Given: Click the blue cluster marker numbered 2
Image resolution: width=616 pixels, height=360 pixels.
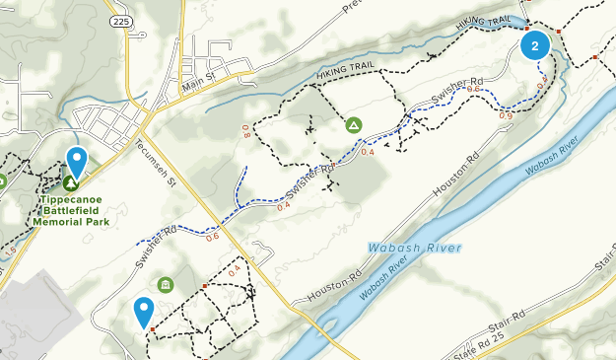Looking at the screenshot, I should tap(534, 45).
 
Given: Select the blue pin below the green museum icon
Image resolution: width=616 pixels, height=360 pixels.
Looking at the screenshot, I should tap(144, 313).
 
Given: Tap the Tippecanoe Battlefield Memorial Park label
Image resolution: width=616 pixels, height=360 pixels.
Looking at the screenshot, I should tap(70, 209).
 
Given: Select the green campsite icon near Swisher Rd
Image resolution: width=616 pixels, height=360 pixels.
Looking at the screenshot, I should tap(353, 125).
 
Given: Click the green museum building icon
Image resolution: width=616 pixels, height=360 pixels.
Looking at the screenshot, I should tap(165, 284).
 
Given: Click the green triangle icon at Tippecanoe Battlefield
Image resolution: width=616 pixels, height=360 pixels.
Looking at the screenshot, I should tap(71, 182).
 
